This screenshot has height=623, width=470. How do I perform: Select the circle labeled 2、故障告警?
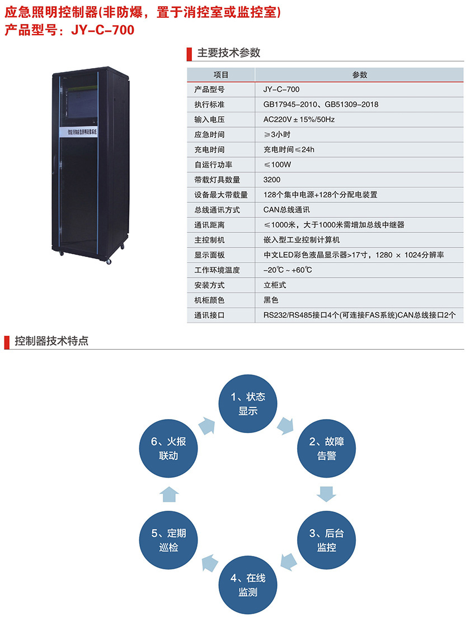[x=327, y=448]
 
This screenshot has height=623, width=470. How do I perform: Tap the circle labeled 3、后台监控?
[x=327, y=539]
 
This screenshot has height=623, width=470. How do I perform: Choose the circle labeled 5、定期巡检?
[x=169, y=539]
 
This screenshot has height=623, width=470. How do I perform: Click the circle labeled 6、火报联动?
[x=169, y=448]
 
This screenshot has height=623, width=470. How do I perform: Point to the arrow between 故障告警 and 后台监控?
[x=327, y=493]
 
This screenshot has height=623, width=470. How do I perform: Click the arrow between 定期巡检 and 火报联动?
[x=169, y=493]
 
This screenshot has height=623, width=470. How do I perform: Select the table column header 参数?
[x=360, y=75]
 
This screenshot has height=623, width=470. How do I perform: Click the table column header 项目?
[x=221, y=75]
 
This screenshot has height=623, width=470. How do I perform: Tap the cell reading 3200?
[x=272, y=180]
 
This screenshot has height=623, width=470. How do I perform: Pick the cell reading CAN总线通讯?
[x=286, y=210]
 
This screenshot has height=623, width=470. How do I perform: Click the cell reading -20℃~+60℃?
[x=288, y=270]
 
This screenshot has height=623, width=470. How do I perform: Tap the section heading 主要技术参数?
[x=229, y=53]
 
